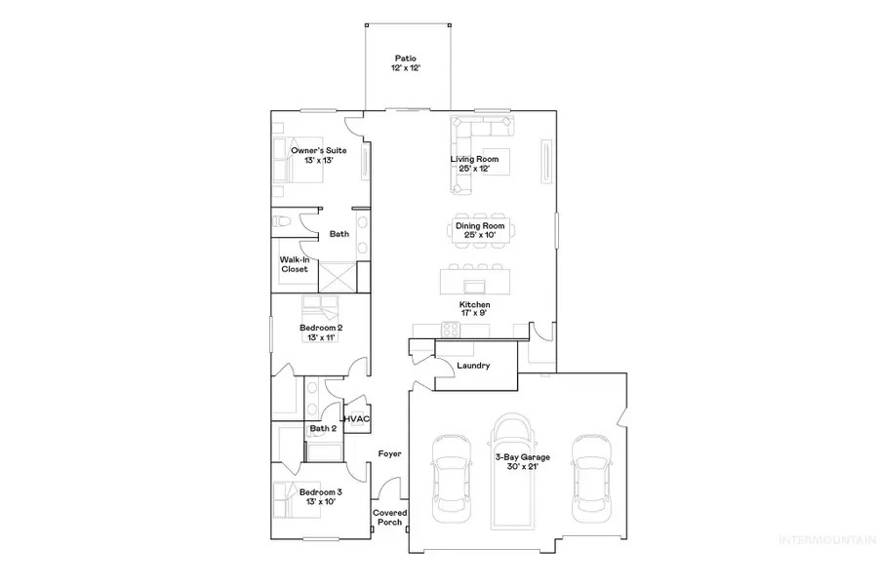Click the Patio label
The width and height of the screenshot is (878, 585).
406,63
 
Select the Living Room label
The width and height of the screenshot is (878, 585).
474,163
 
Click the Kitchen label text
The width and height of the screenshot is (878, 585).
474,309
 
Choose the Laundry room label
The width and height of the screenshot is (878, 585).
472,366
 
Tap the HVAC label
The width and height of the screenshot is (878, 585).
357,419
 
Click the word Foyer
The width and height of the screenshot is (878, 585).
390,454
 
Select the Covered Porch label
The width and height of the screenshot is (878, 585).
390,518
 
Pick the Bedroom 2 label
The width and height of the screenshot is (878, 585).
320,333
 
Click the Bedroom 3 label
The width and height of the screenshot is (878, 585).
320,497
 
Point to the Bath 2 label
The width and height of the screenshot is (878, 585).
323,429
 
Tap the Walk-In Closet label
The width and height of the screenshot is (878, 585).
295,264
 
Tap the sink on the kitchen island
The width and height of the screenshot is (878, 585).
475,285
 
